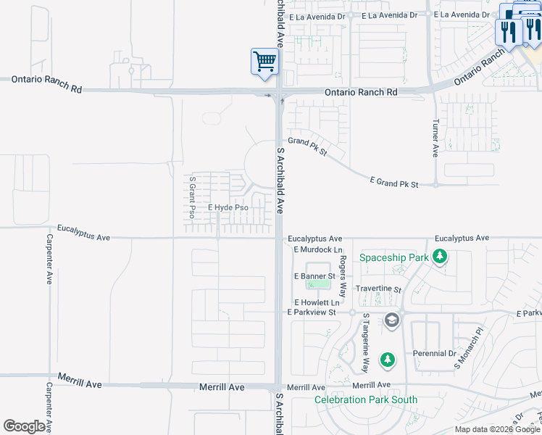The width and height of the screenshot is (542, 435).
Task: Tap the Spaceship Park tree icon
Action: (x=439, y=257)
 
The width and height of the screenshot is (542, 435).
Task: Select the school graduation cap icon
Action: (x=391, y=320)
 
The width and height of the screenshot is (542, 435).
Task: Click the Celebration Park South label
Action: (x=366, y=399)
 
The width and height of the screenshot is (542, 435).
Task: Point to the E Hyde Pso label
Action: (x=228, y=208)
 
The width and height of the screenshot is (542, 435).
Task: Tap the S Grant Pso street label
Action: (x=192, y=197)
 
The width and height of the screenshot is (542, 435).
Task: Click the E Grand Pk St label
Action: (x=394, y=183)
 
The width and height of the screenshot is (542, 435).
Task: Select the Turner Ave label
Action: (x=435, y=138)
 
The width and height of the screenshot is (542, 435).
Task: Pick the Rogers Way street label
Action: (x=343, y=268)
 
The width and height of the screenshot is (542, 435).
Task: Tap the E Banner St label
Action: (x=314, y=276)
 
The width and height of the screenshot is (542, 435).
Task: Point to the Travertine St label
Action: (x=378, y=289)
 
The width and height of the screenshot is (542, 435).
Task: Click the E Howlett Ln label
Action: (x=317, y=302)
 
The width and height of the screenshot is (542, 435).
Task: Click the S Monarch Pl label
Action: (x=469, y=353)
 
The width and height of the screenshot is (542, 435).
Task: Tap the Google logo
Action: (x=24, y=426)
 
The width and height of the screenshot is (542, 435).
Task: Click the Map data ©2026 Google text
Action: (x=497, y=429)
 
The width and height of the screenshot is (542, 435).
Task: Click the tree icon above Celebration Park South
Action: (x=388, y=360)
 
